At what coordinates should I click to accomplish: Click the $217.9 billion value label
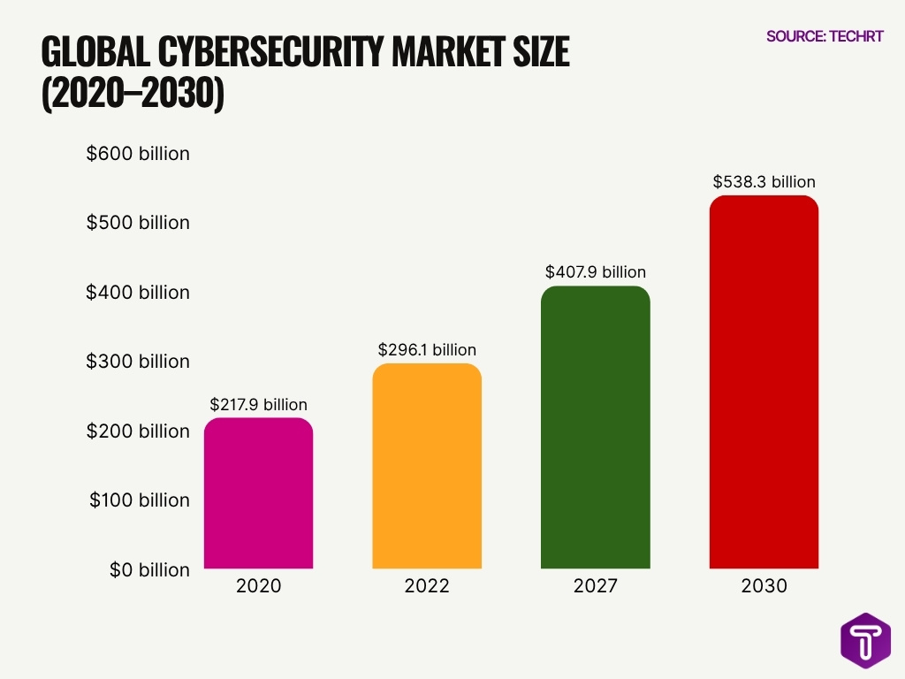(258, 405)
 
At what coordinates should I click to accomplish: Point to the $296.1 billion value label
(427, 350)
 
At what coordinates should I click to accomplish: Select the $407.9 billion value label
(595, 272)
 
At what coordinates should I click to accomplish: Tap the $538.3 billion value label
(764, 182)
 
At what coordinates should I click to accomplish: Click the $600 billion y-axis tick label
(138, 154)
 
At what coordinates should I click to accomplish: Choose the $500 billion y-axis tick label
(138, 223)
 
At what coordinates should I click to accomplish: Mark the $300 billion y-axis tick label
(138, 362)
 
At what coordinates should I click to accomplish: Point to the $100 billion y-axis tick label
(140, 500)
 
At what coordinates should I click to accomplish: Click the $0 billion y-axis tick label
(149, 570)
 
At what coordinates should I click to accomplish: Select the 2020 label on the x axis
(258, 586)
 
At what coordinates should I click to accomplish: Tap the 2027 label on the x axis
(595, 586)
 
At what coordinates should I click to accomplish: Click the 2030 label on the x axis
(764, 586)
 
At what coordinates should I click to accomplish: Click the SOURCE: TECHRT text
(824, 36)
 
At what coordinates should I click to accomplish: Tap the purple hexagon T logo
(865, 640)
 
